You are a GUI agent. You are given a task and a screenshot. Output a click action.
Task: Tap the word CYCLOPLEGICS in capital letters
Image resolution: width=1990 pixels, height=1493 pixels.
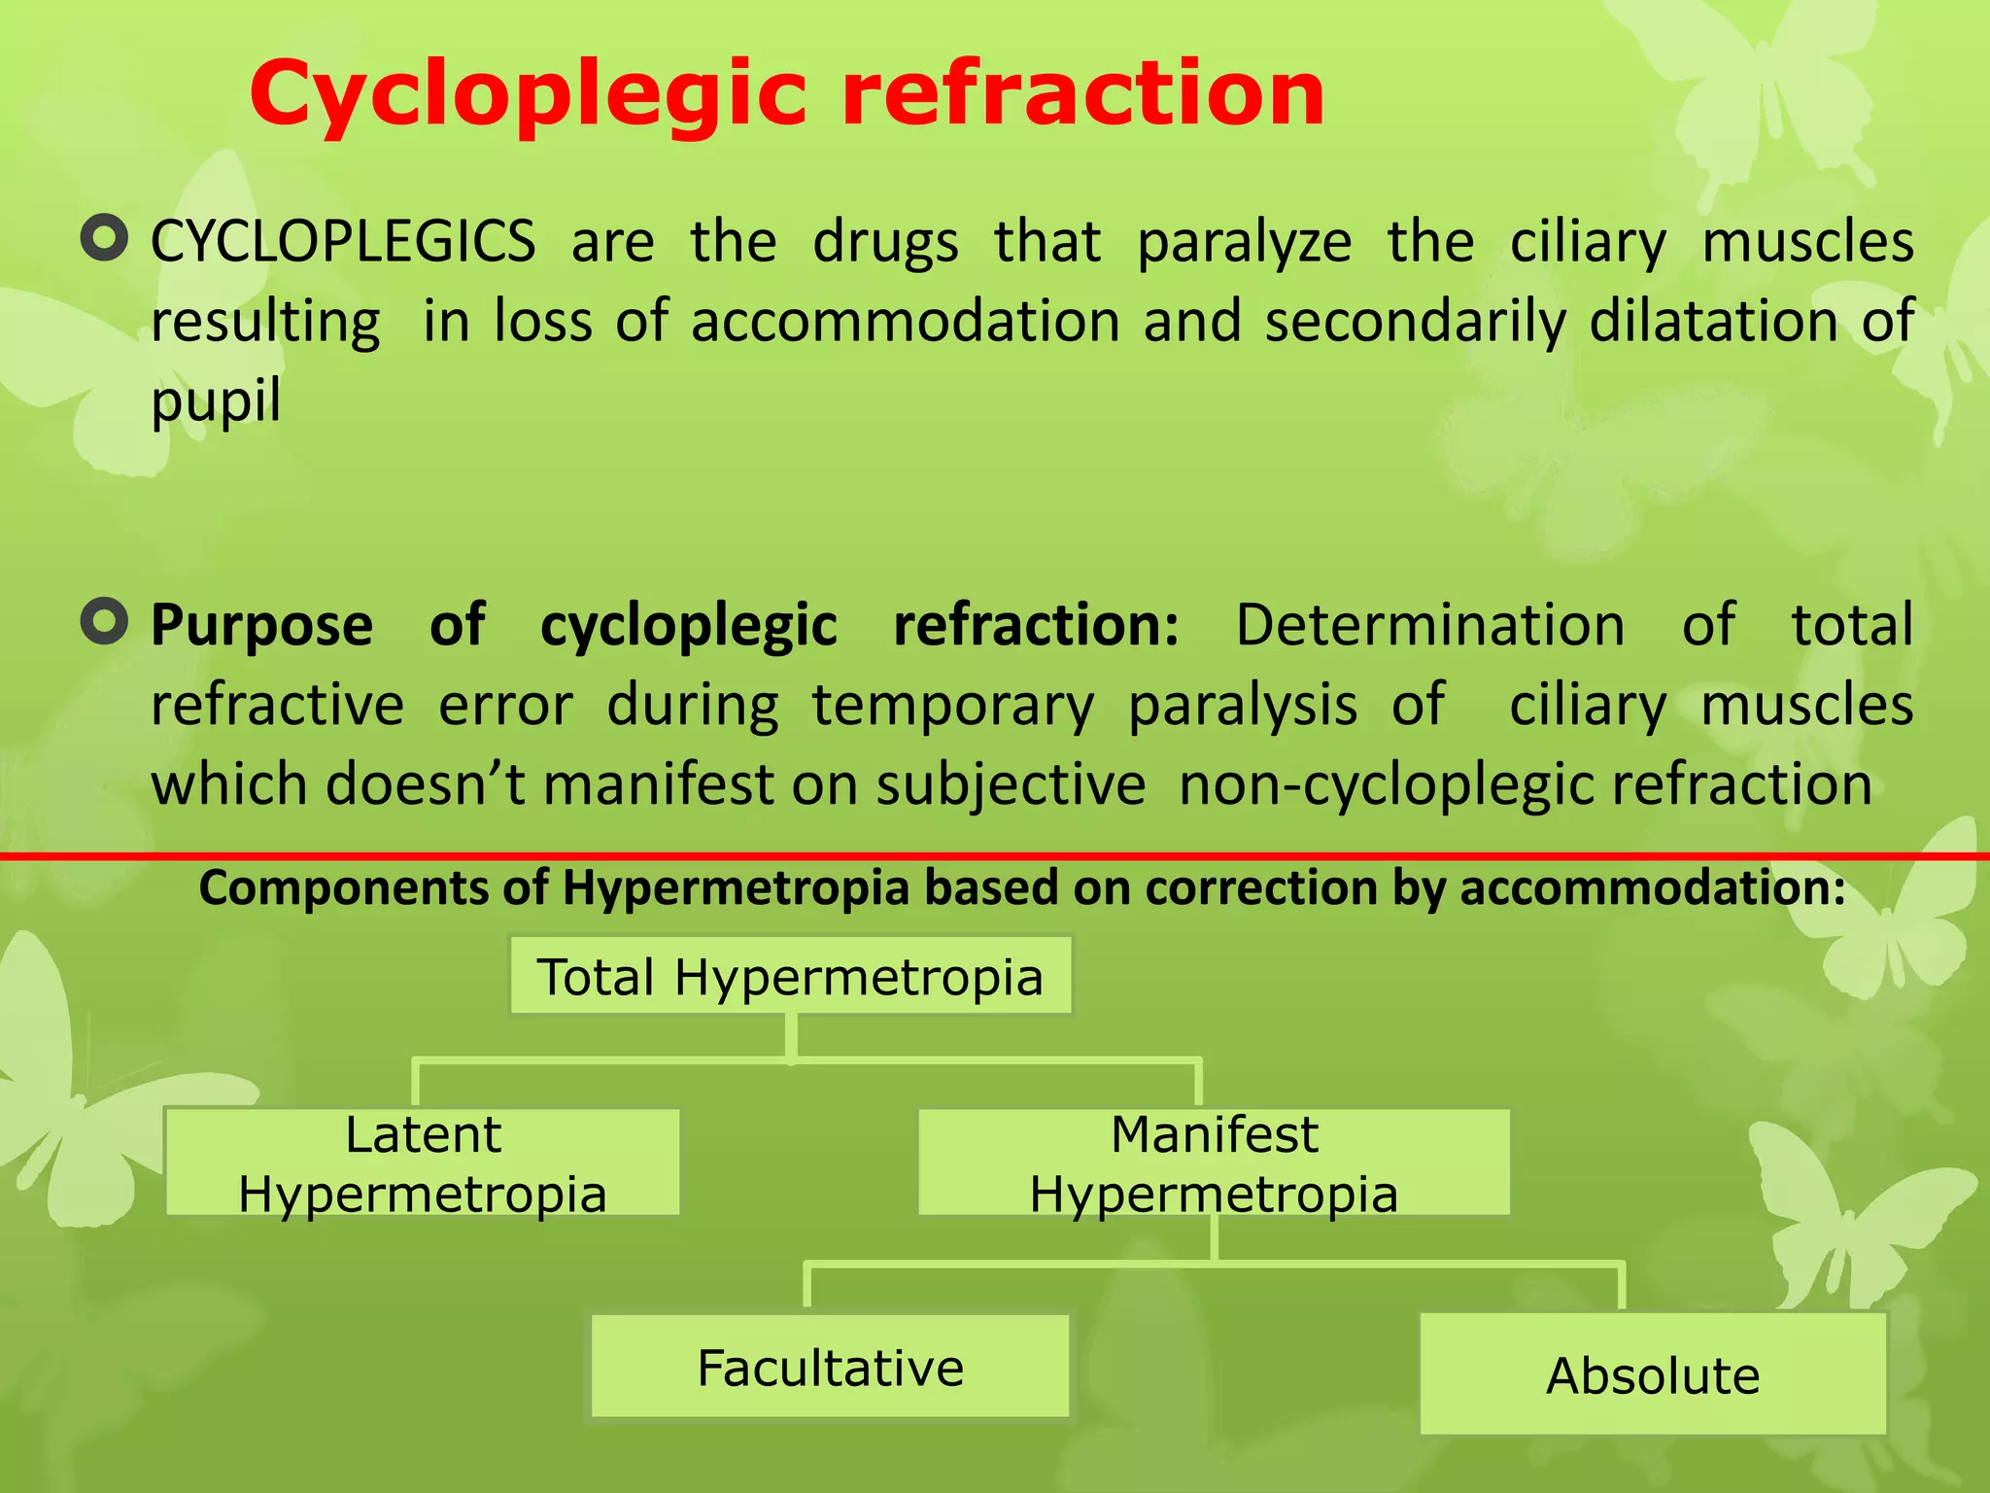[x=343, y=241]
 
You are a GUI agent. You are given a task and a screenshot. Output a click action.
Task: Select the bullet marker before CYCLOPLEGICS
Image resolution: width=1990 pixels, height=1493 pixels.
[x=104, y=238]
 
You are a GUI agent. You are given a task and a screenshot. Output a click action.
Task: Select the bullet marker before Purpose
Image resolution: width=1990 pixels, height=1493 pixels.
[x=104, y=622]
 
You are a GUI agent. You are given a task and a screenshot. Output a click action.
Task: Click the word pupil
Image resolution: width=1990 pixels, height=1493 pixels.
[x=216, y=400]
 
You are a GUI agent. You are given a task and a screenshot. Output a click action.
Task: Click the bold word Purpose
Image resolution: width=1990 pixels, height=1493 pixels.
[x=261, y=624]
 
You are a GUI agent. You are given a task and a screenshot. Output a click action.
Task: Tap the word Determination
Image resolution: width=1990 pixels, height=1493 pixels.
[x=1429, y=624]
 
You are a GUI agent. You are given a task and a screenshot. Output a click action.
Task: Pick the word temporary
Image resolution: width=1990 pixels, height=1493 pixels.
[x=952, y=704]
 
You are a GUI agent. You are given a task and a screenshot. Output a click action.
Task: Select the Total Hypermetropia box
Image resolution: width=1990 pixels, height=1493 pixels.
[x=790, y=976]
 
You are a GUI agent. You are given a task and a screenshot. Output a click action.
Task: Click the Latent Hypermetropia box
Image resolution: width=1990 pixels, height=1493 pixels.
[x=423, y=1163]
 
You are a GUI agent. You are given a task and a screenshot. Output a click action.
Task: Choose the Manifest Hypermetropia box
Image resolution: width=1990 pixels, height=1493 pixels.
[x=1214, y=1163]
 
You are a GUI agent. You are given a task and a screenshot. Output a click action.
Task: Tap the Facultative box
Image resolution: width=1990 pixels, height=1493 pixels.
[x=830, y=1367]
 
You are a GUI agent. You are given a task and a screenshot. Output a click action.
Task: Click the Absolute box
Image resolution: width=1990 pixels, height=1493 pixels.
[x=1652, y=1374]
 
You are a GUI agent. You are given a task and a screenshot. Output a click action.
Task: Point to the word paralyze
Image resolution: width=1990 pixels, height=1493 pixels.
[x=1244, y=241]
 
